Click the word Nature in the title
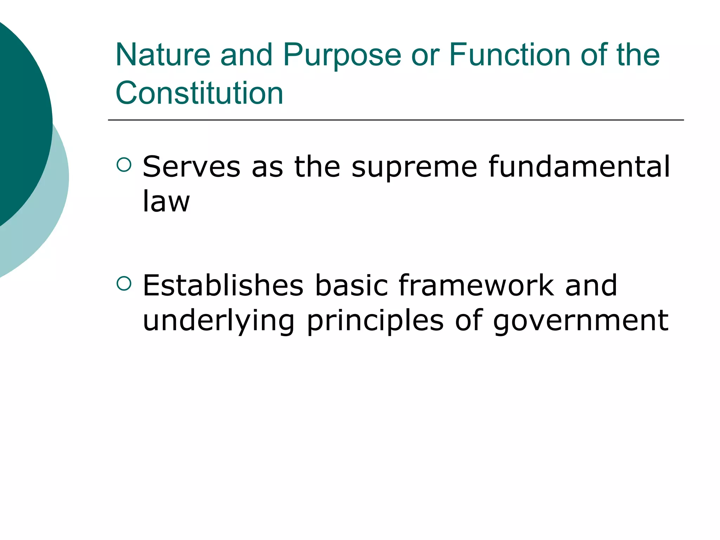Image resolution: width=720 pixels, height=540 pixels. (x=163, y=55)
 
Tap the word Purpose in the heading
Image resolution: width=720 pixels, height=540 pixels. (x=342, y=56)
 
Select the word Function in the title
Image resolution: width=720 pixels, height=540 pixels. (x=510, y=55)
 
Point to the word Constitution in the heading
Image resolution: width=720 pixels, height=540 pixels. (x=199, y=93)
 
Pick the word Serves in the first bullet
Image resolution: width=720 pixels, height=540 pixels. (x=191, y=167)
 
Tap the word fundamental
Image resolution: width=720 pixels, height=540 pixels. (x=579, y=167)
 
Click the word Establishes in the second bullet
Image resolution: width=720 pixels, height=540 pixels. (x=223, y=285)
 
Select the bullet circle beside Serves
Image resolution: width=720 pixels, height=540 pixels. (x=124, y=165)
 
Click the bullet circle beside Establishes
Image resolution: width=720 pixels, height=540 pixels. (x=124, y=283)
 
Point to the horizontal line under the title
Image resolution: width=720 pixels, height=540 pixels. (x=396, y=120)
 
